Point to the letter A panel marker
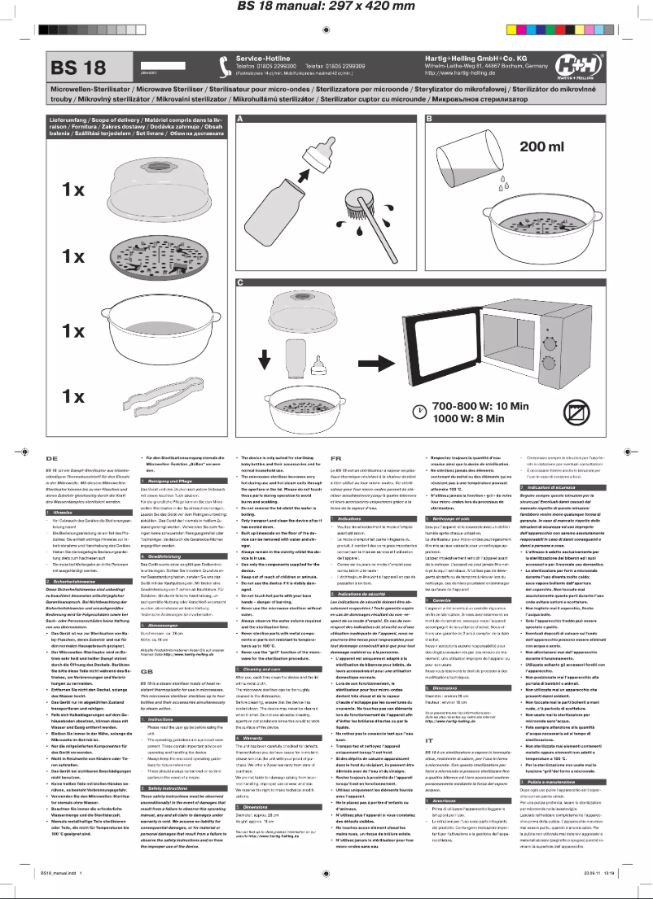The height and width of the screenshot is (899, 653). click(240, 119)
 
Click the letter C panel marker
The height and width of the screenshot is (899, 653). click(240, 282)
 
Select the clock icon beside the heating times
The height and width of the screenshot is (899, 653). click(419, 412)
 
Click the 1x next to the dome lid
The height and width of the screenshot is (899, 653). click(68, 190)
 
